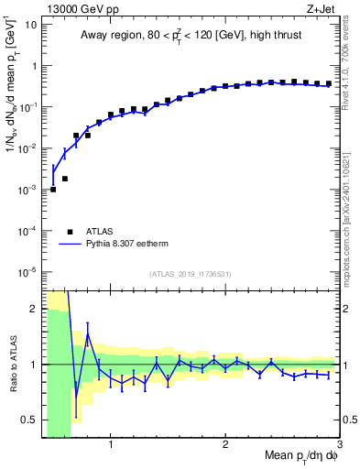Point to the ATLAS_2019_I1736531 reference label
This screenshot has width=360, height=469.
coord(191,274)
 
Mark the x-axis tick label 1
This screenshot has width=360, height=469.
coord(111,445)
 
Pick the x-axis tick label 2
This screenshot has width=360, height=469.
coord(225,445)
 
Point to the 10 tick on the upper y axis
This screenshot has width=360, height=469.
coord(29,25)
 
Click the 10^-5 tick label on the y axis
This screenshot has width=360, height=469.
coord(27,271)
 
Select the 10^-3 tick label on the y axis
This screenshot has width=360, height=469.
coord(27,190)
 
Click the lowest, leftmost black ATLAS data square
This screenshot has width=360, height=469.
coord(53,190)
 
